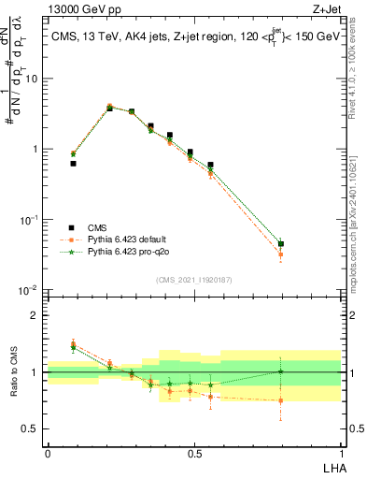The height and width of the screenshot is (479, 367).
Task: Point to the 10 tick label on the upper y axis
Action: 33,79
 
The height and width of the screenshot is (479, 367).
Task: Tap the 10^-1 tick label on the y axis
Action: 31,220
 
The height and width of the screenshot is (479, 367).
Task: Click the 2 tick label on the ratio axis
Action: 36,315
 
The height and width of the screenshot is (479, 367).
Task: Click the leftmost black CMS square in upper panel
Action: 73,163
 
